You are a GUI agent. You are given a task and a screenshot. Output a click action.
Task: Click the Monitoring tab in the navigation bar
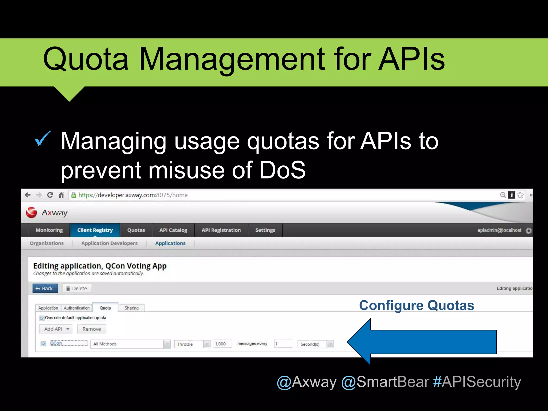click(49, 230)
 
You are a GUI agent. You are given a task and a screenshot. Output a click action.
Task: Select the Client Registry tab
click(95, 230)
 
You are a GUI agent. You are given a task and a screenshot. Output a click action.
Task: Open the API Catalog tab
click(173, 230)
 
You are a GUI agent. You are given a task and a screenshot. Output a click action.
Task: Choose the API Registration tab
click(221, 230)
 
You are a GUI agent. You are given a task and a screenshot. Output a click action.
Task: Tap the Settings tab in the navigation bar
click(265, 230)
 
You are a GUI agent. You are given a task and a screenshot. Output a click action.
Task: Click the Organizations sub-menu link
click(47, 243)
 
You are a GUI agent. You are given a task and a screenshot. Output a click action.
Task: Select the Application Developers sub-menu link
click(109, 243)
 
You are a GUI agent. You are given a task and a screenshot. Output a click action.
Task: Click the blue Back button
click(45, 288)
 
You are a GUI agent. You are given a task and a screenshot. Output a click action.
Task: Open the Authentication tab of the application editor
click(77, 308)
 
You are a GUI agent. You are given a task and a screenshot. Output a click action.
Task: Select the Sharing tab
click(131, 308)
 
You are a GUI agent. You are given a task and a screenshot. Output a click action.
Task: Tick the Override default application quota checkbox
click(42, 318)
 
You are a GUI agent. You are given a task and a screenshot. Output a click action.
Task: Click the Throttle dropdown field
click(192, 344)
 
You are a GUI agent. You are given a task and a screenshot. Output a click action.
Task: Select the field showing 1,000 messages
click(222, 344)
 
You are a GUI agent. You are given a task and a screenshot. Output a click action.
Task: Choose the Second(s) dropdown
click(315, 344)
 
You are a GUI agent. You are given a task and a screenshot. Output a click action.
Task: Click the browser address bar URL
click(133, 195)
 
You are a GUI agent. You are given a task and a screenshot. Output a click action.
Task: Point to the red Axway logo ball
click(32, 212)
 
